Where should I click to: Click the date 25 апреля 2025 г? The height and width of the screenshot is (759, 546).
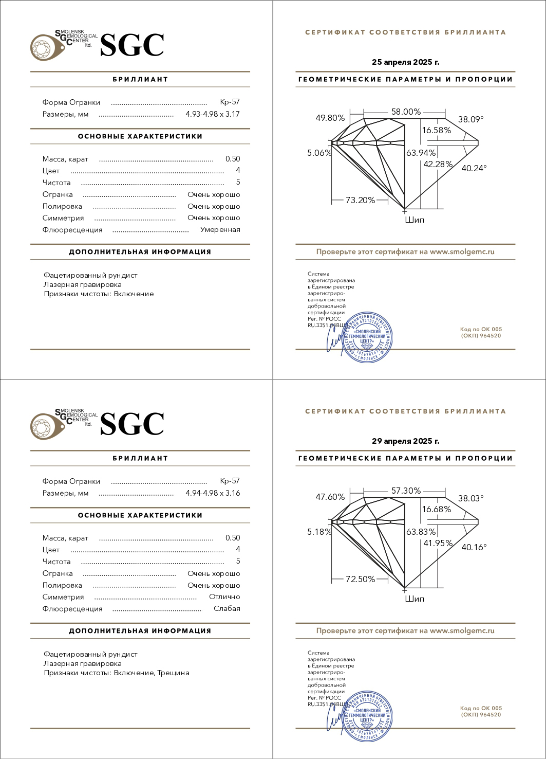pos(405,62)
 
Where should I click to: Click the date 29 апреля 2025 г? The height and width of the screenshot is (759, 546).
pos(405,441)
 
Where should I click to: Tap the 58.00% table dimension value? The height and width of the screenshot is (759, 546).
pos(406,112)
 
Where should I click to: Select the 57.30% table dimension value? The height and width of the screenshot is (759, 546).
pos(406,491)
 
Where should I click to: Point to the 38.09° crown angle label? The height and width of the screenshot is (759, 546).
pos(471,119)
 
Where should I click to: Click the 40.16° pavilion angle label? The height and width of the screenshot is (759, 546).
pos(474,547)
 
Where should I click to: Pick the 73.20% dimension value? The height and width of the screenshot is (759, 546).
pos(360,200)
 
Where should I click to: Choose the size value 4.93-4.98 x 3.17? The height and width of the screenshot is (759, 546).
pos(213,114)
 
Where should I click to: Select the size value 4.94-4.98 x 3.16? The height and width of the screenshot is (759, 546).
pos(213,493)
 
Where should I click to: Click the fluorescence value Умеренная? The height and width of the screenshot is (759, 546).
pos(220,230)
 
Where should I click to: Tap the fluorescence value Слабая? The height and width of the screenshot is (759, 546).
pos(227,609)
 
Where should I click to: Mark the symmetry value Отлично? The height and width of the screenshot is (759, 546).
pos(224,597)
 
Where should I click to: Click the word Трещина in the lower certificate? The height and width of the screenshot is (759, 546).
pos(173,673)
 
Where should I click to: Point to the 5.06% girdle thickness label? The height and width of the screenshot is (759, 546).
pos(319,153)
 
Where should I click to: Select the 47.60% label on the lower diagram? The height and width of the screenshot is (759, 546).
pos(330,497)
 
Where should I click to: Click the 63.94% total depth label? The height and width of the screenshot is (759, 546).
pos(421,153)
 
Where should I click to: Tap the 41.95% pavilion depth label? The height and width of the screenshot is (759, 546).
pos(438,543)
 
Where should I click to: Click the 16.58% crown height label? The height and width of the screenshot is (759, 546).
pos(437,130)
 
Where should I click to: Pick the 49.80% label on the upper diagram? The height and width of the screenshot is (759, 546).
pos(330,118)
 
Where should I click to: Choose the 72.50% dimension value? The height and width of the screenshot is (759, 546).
pos(360,579)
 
